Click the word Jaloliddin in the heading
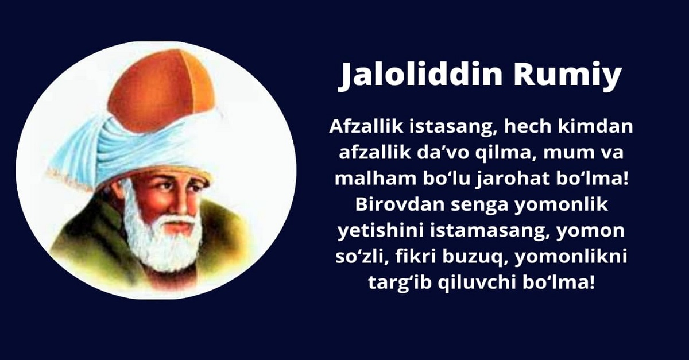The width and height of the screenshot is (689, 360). pyautogui.click(x=420, y=75)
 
